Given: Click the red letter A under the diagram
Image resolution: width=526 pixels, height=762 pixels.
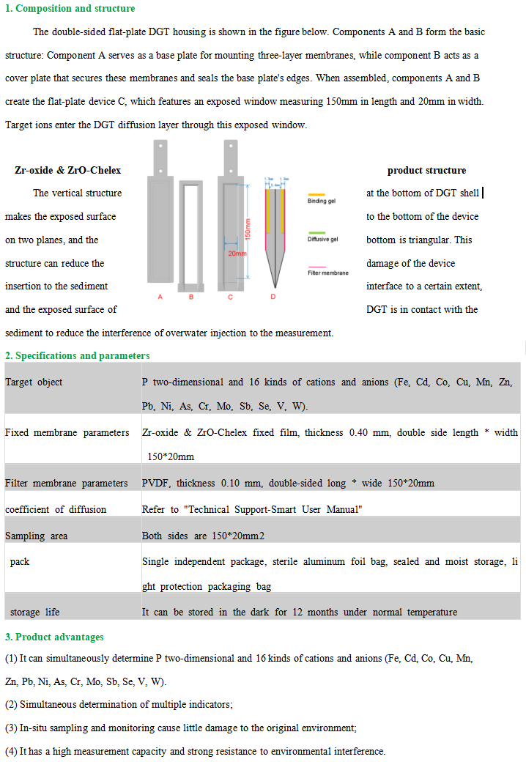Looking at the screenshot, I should (x=160, y=297).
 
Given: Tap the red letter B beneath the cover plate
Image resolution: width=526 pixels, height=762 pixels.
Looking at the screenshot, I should (x=191, y=297).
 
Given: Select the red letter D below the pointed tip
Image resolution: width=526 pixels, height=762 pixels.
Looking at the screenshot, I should (x=273, y=297).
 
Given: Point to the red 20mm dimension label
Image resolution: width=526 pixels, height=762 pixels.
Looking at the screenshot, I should (x=237, y=254).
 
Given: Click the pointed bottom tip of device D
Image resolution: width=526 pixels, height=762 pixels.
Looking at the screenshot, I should (x=273, y=286).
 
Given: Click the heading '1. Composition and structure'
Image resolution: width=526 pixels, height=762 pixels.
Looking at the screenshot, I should (x=70, y=9).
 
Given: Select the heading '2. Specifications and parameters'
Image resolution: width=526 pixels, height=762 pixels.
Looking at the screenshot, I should (x=78, y=355).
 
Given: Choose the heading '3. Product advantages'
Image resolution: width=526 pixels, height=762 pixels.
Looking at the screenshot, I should (x=55, y=637).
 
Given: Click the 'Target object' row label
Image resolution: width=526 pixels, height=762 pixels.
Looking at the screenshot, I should (x=34, y=382).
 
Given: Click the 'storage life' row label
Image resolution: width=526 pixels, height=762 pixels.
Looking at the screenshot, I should (x=34, y=612).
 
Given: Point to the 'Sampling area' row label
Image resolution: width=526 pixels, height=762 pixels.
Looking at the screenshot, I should (x=36, y=536).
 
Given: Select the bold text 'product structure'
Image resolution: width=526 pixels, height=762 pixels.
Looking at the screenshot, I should (x=426, y=170).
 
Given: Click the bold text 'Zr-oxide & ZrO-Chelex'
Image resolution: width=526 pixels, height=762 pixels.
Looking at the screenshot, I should (x=68, y=170).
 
